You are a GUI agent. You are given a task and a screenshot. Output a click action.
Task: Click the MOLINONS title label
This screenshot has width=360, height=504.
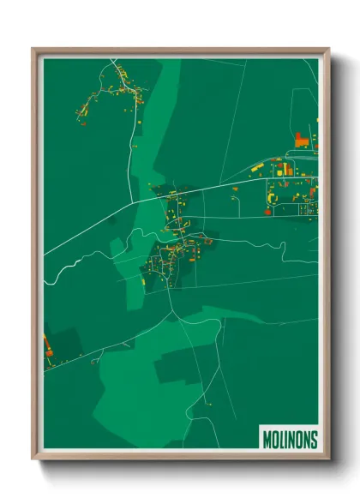coord(288,438)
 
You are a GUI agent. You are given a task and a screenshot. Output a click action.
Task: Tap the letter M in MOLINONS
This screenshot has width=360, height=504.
coord(265,438)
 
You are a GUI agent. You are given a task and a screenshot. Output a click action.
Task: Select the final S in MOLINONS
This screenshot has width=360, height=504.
coord(314,438)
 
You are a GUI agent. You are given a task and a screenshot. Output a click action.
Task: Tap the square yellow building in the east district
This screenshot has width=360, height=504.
coord(288,171)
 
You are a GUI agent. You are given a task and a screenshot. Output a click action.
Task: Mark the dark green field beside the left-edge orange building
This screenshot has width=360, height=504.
coord(65,343)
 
